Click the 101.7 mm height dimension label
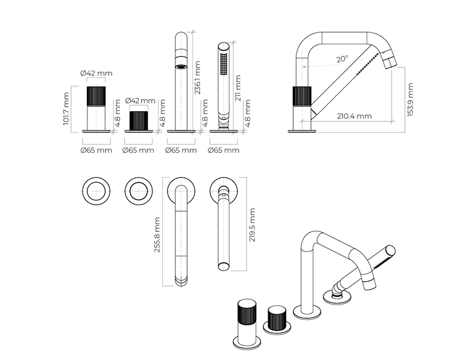coord(67,109)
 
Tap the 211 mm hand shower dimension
coord(237,89)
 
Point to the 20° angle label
coord(342,59)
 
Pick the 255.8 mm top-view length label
coord(157,235)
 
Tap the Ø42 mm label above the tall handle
coord(96,73)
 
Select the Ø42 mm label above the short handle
coord(140,101)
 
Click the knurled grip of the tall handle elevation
coord(97,96)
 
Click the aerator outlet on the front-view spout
coord(182,66)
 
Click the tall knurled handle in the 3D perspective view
coord(248,314)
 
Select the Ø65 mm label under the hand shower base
coord(223,149)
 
